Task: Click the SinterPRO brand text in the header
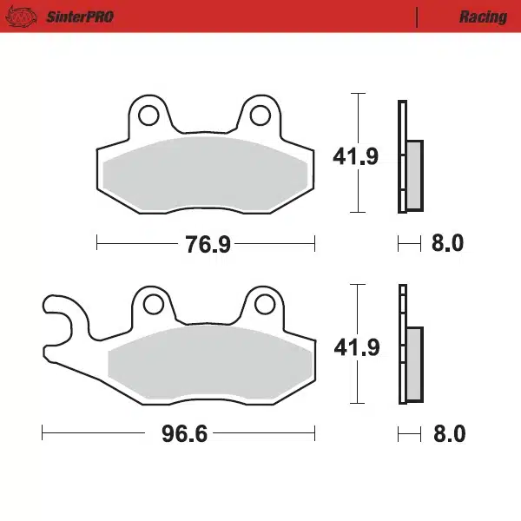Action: [79, 16]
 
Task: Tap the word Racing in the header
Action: [483, 16]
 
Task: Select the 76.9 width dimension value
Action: [207, 245]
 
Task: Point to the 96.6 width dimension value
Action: [184, 433]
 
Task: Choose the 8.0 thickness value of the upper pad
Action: [447, 244]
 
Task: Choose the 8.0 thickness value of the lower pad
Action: [448, 433]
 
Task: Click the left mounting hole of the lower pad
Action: [153, 304]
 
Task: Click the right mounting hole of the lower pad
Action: [266, 304]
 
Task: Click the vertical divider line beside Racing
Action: [418, 16]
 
